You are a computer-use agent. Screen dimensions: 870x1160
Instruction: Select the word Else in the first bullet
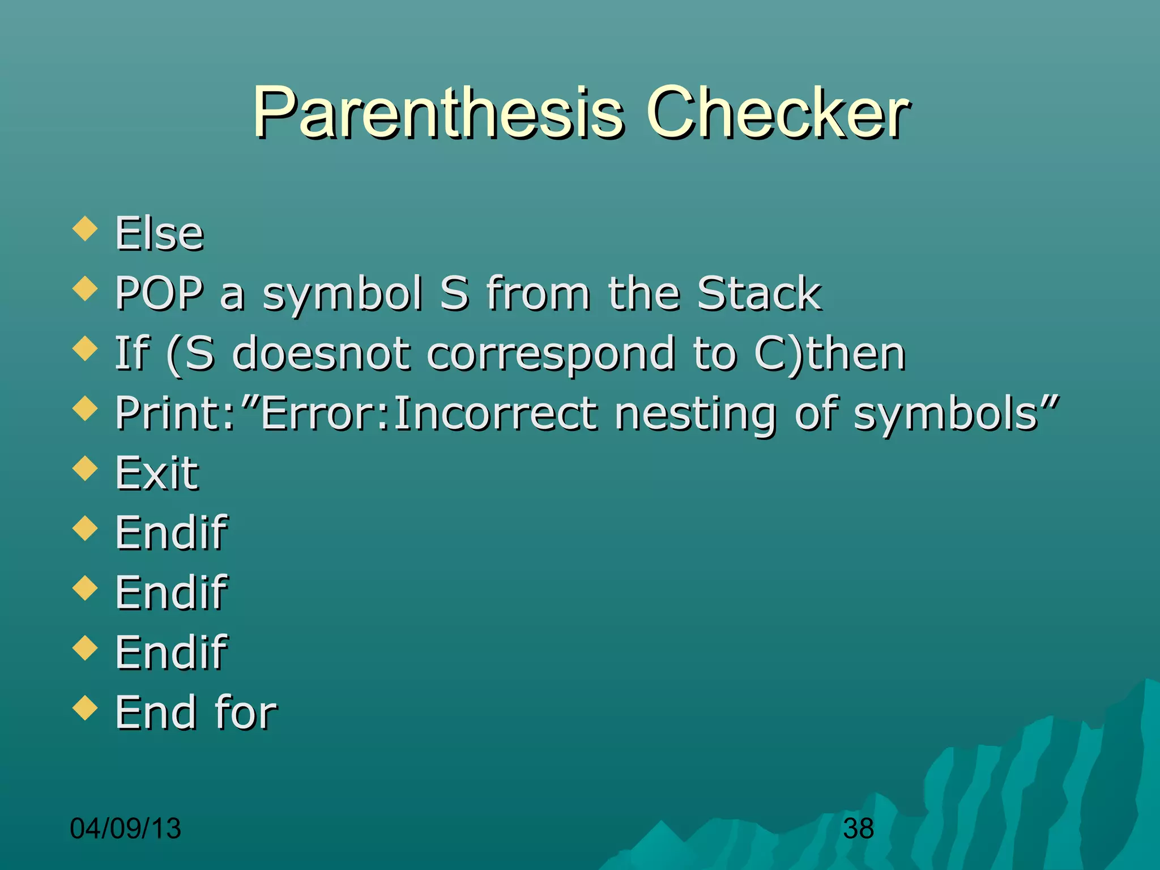[x=159, y=233]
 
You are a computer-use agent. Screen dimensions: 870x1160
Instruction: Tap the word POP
[x=159, y=293]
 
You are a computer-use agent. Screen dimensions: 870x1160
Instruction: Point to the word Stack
[x=758, y=293]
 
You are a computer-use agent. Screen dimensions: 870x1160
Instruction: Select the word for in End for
[x=246, y=713]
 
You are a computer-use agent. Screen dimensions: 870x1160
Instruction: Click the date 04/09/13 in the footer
[x=125, y=828]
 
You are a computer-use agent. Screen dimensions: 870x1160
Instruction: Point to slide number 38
[x=858, y=829]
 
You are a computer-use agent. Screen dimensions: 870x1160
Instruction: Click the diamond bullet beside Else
[x=86, y=228]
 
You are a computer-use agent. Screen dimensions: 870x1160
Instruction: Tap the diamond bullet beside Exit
[x=86, y=468]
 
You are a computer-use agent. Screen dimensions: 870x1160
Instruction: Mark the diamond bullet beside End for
[x=86, y=707]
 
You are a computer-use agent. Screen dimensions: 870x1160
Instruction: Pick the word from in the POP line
[x=538, y=293]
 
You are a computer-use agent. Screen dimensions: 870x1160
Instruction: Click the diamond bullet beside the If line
[x=86, y=348]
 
